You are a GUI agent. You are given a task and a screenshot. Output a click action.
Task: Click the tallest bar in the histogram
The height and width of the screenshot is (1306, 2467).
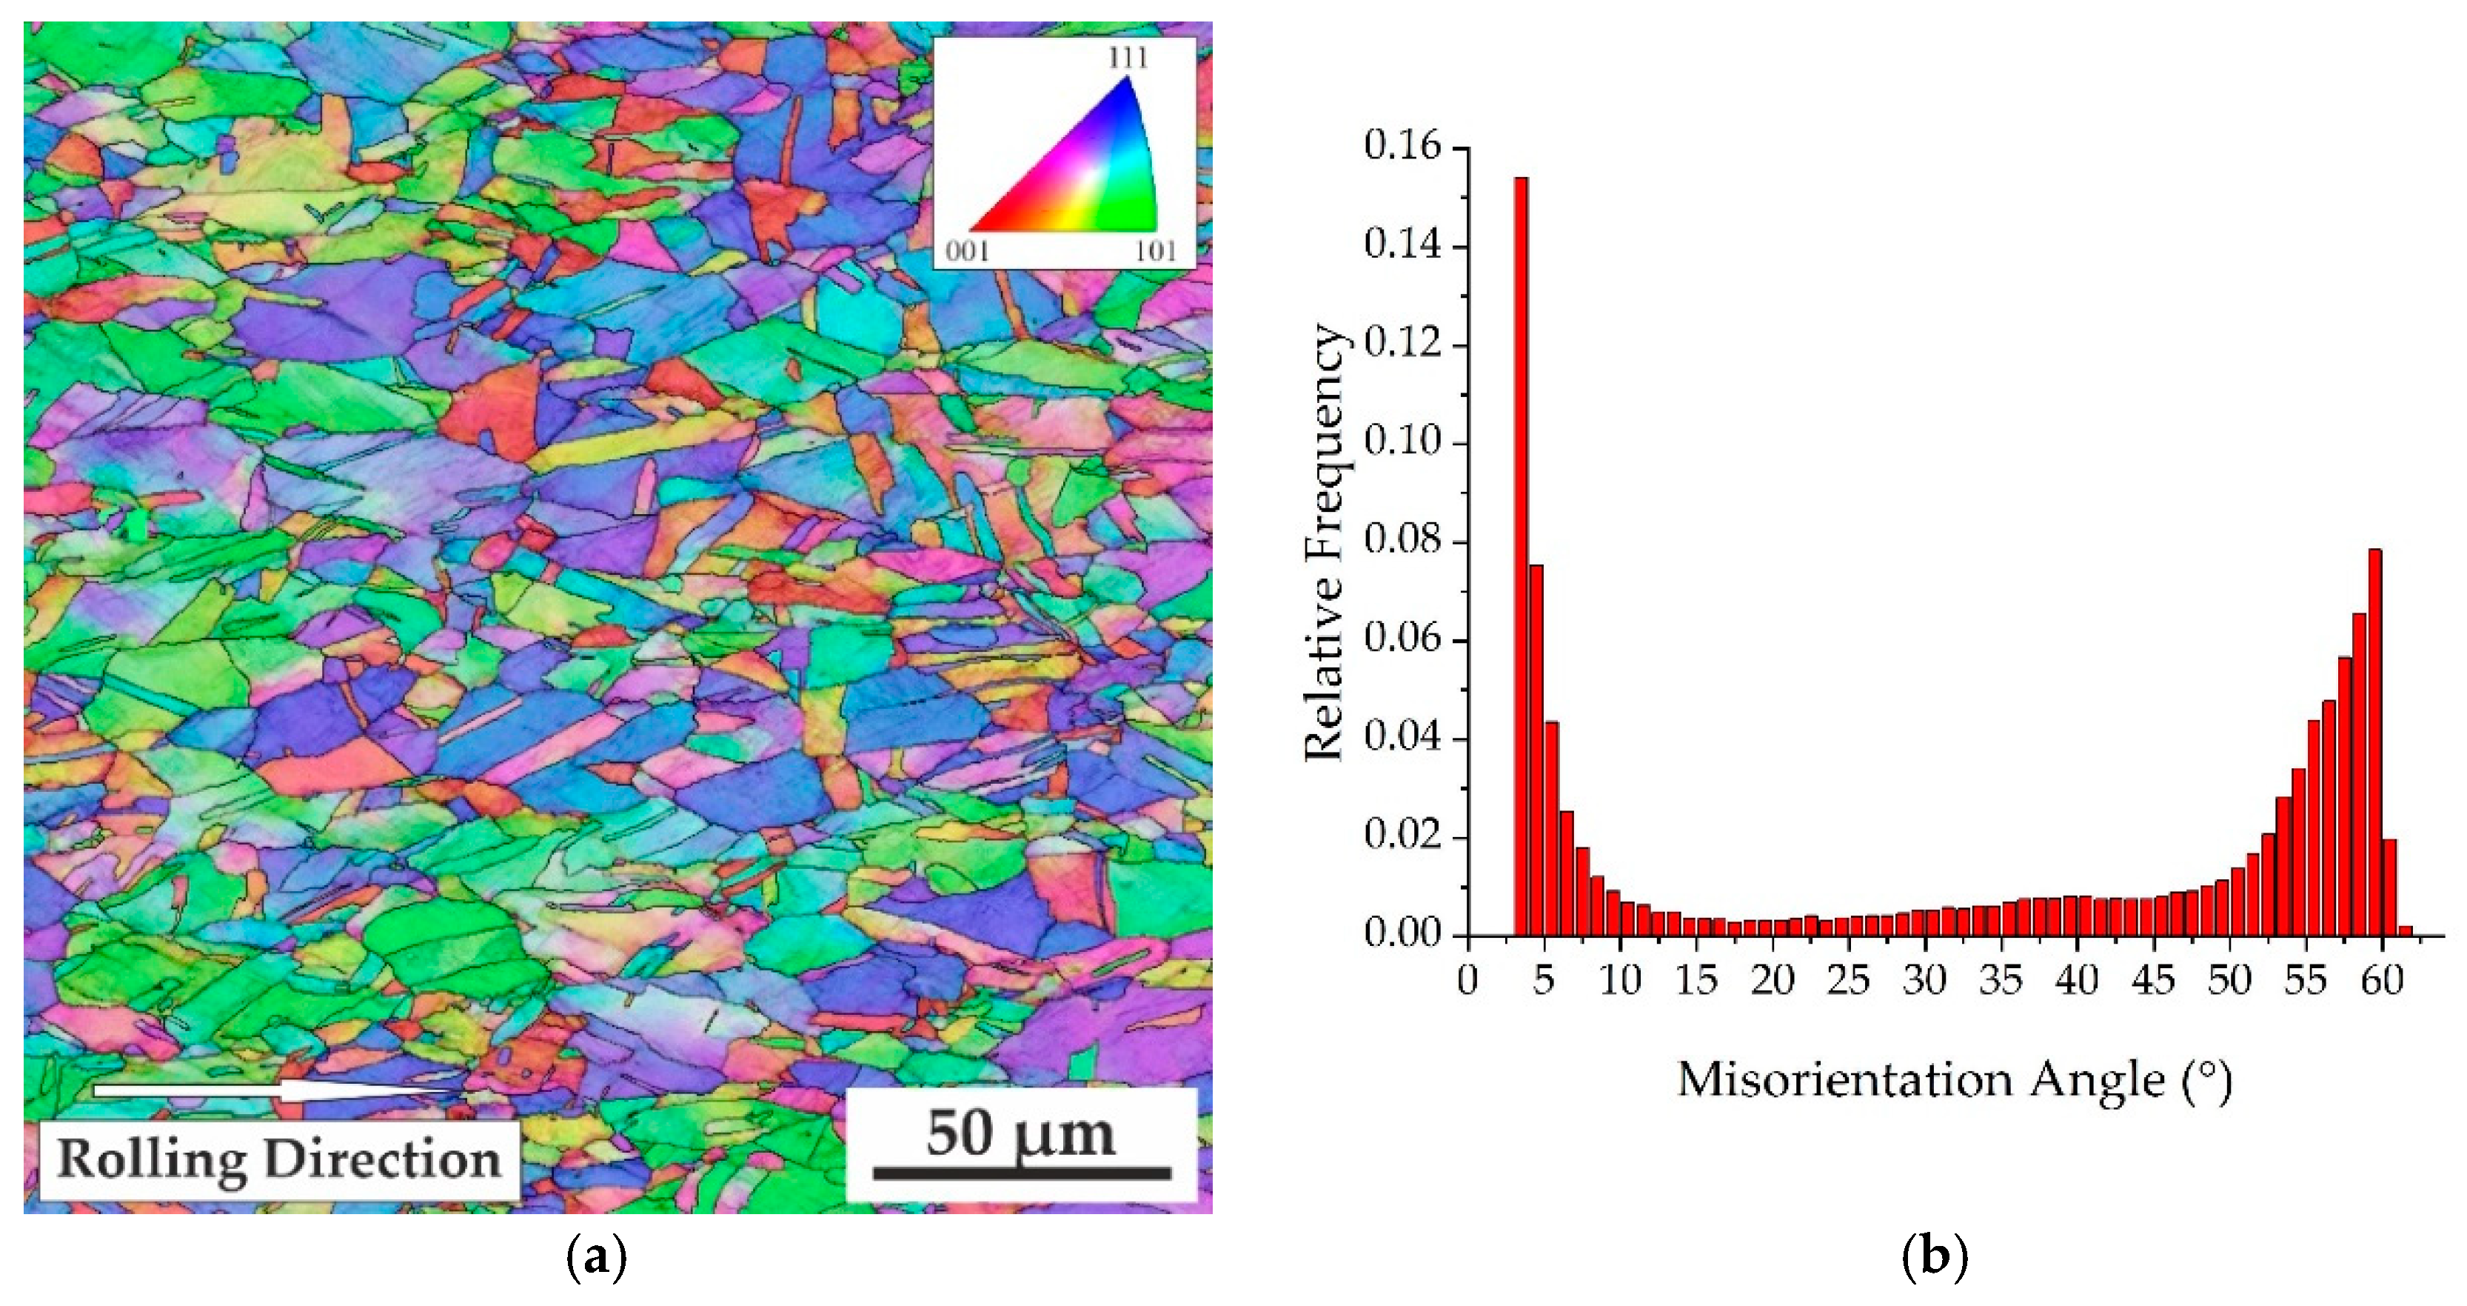pyautogui.click(x=1521, y=556)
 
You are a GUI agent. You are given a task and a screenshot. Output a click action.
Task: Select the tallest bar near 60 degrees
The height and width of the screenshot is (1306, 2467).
pyautogui.click(x=2374, y=742)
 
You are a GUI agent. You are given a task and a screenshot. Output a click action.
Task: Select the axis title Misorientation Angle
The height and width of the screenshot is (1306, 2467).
pyautogui.click(x=1954, y=1081)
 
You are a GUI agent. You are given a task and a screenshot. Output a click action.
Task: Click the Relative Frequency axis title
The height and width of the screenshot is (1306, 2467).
pyautogui.click(x=1326, y=542)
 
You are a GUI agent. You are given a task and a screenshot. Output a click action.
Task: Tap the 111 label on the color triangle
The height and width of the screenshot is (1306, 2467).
pyautogui.click(x=1128, y=59)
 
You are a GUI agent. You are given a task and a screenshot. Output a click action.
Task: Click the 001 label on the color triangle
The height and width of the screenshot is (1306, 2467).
pyautogui.click(x=967, y=252)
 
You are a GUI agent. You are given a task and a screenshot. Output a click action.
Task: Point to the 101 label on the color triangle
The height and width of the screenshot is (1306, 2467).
pyautogui.click(x=1156, y=252)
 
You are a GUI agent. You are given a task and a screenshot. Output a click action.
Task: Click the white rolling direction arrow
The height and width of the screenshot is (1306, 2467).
pyautogui.click(x=278, y=1090)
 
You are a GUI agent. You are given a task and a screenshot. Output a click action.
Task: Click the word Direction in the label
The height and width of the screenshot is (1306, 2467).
pyautogui.click(x=382, y=1159)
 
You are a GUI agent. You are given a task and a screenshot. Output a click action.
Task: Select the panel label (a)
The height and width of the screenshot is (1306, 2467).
pyautogui.click(x=597, y=1257)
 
